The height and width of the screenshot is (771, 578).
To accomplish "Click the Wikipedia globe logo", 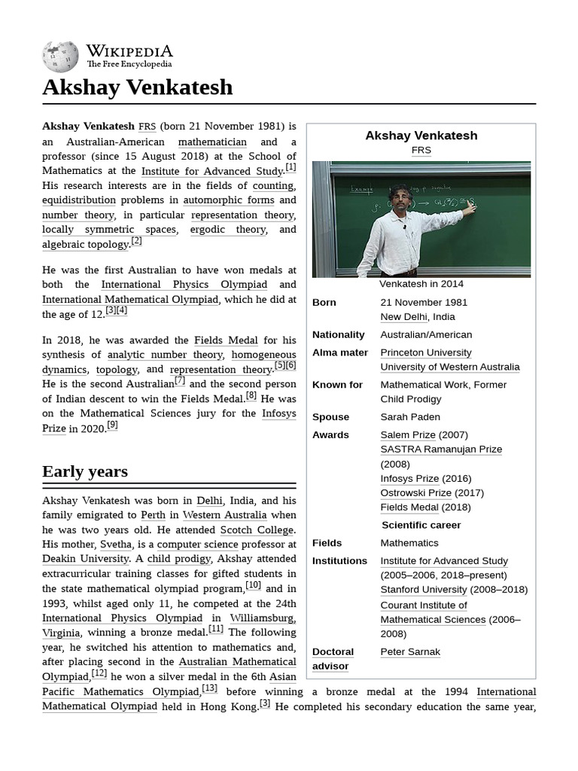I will coord(60,56).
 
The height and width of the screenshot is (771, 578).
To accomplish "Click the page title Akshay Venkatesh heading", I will coord(137,87).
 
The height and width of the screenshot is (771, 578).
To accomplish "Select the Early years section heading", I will coord(85,472).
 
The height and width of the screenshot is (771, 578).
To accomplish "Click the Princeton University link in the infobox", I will coord(426,352).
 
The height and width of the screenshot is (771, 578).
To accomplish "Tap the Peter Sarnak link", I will coord(410,652).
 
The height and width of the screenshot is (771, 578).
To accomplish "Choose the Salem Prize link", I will coord(408,434).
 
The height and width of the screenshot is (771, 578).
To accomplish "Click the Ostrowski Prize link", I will coord(415,493).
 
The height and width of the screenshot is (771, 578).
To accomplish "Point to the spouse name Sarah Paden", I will coord(410,417).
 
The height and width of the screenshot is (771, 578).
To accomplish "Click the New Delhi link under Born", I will coord(403,317).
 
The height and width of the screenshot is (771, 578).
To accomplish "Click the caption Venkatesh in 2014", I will coord(421,284).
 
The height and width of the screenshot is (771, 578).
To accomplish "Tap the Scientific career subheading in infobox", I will coord(421,526).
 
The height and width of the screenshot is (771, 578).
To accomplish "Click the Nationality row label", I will coord(339,335).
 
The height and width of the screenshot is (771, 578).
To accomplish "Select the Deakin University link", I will coord(85,559).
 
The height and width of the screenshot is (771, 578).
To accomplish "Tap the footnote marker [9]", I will coord(112,425).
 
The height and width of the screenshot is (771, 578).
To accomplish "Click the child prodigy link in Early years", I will coord(179,559).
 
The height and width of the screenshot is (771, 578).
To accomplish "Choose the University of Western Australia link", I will coord(449,367).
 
